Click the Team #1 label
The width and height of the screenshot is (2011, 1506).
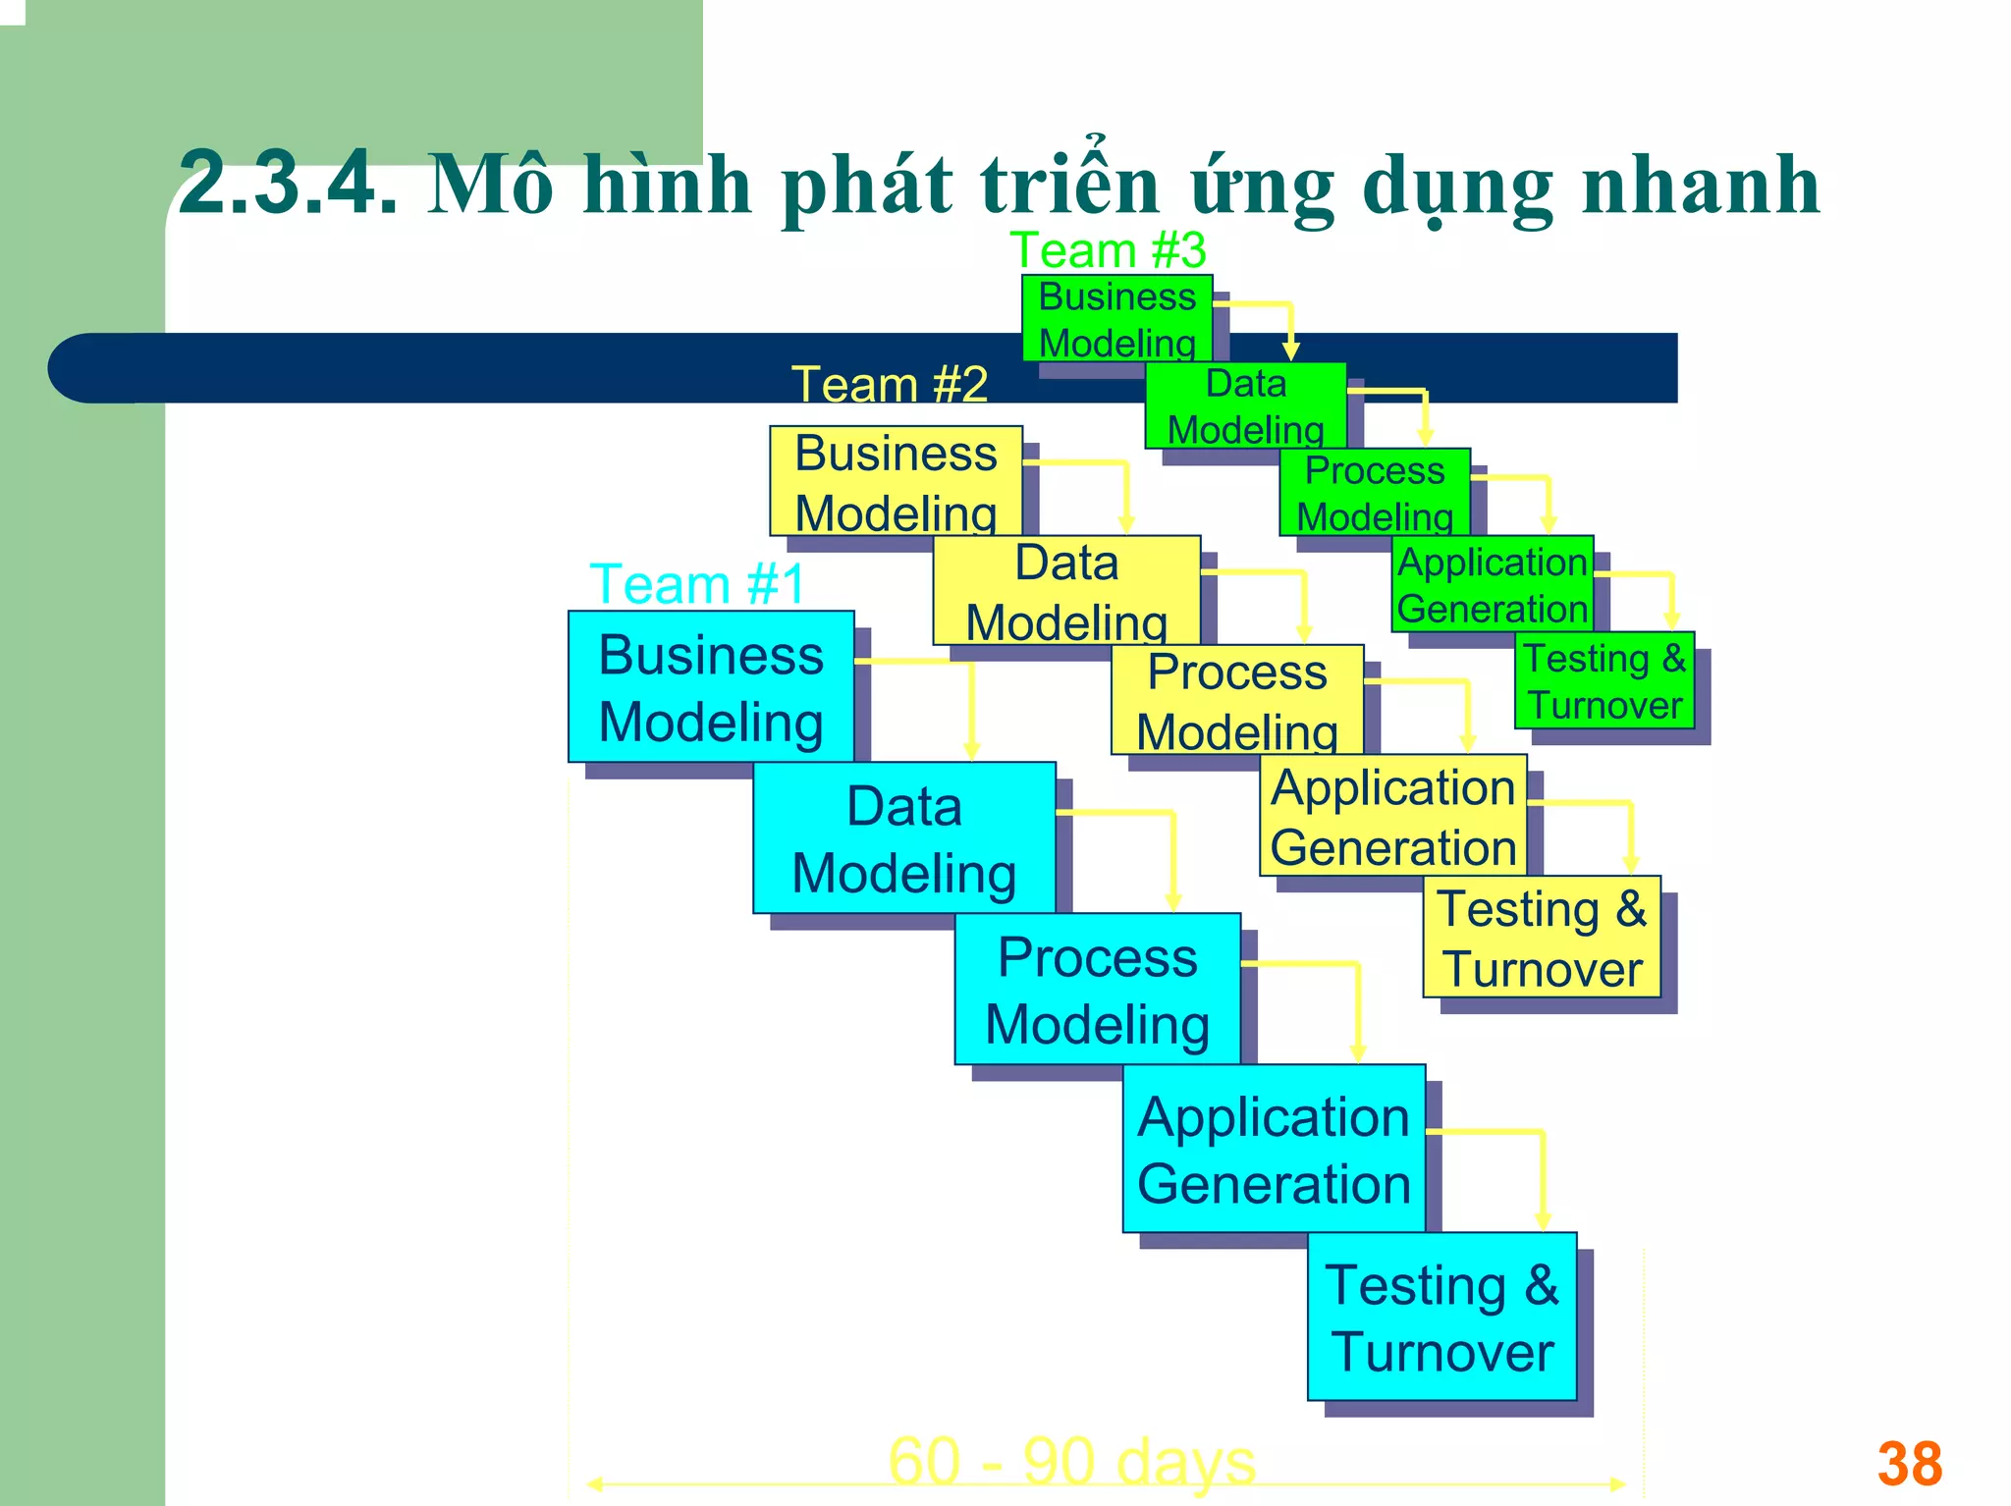697,584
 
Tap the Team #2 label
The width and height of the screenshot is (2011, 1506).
890,384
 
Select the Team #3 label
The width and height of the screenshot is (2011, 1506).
1108,250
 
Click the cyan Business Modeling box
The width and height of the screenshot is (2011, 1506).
711,687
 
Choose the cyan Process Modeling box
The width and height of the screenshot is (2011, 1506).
1098,989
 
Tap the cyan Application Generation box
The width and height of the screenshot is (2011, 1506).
1274,1148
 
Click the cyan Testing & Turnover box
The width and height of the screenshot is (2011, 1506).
1441,1317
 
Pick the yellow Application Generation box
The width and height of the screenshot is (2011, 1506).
1393,815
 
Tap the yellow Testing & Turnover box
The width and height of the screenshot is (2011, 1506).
1542,937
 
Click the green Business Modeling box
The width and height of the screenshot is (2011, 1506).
1117,318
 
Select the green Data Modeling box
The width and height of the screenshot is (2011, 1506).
1245,404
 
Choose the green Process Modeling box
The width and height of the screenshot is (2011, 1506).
1375,492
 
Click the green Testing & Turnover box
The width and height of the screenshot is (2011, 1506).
1604,680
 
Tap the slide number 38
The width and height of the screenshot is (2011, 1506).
1909,1464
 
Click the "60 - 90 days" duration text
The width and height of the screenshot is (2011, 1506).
1071,1461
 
